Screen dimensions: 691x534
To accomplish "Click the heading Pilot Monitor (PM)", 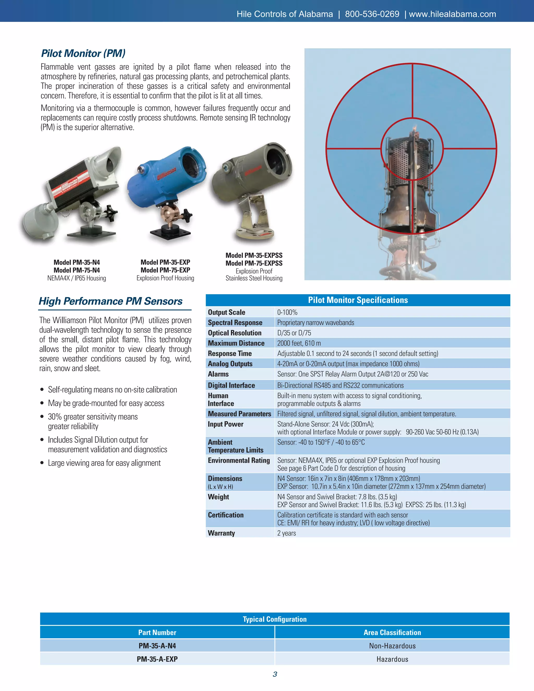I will [83, 53].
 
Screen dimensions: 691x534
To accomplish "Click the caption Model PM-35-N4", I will [77, 262].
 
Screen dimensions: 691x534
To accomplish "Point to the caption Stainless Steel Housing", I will [254, 278].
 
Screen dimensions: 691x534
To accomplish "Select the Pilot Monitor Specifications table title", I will [358, 300].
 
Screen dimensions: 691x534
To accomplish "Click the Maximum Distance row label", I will [236, 343].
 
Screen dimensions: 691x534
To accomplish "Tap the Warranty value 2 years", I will [287, 533].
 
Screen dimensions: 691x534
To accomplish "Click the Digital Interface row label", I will [231, 385].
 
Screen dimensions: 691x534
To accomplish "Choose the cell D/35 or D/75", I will [294, 333].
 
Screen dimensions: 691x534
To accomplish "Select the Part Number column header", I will [157, 633].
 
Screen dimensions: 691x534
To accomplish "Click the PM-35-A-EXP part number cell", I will [157, 659].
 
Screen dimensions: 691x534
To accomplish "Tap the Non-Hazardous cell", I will [392, 646].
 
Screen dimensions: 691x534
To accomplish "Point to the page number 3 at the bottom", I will [275, 674].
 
